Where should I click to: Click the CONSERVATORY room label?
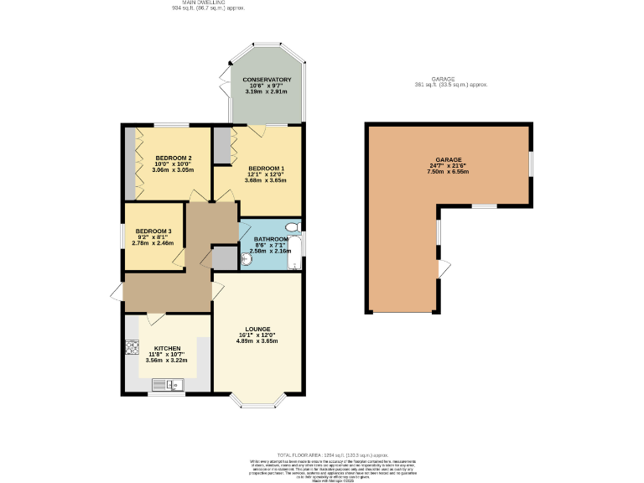267,80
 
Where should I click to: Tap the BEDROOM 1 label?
266,168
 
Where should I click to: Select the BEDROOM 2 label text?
174,158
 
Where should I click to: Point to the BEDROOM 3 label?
153,231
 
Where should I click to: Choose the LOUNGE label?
256,329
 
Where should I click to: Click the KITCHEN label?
167,348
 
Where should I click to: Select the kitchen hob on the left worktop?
132,346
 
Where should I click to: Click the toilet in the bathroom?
292,227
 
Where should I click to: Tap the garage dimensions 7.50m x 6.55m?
448,171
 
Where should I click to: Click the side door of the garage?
443,268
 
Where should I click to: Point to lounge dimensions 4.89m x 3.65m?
256,341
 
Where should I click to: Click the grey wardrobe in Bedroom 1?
222,146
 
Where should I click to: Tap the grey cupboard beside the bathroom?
224,257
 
